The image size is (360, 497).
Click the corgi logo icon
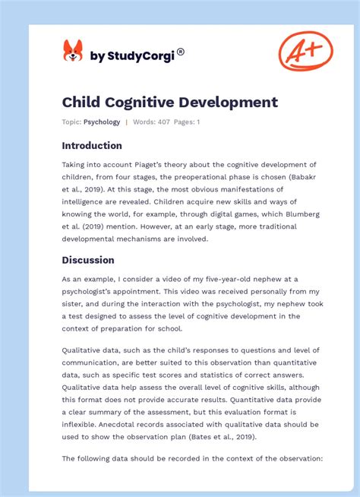tap(73, 52)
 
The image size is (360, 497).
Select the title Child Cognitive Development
tap(169, 102)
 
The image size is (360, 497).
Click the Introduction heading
tap(92, 145)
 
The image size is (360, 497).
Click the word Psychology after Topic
tap(102, 122)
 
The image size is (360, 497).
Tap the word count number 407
tap(164, 122)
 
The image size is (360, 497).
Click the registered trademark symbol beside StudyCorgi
tap(181, 52)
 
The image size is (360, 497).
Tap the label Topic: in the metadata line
tap(72, 122)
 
